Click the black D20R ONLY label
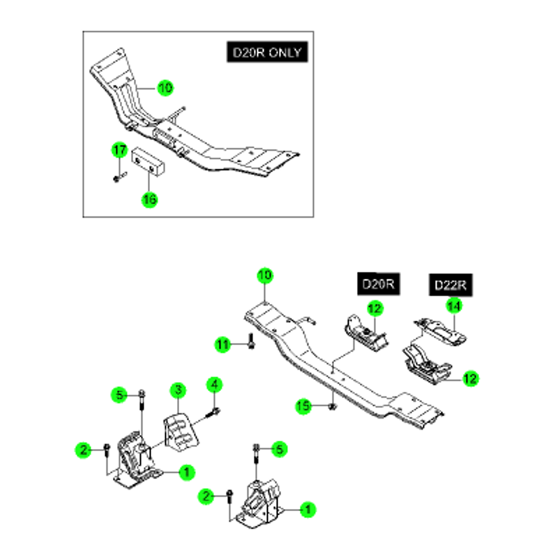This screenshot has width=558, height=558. [267, 52]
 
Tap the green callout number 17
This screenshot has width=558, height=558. [119, 150]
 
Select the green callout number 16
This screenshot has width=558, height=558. [150, 199]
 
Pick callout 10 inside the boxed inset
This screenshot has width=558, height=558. [165, 88]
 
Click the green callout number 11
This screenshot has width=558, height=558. [223, 344]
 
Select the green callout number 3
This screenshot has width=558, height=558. [178, 390]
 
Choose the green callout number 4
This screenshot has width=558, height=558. [215, 385]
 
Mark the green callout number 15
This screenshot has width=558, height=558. [303, 406]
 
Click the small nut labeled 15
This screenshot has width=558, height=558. [333, 406]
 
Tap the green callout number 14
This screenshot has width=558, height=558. [454, 306]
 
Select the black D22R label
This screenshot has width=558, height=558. [450, 285]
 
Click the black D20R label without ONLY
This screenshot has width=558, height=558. [378, 284]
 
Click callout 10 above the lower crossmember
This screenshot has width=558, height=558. [265, 276]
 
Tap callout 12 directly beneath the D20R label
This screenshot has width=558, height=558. [375, 308]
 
